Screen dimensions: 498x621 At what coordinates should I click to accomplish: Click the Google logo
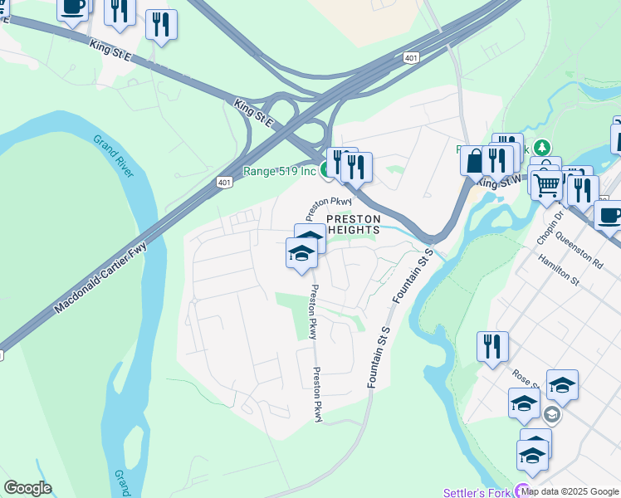(x=27, y=488)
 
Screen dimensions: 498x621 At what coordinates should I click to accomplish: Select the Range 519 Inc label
(x=279, y=171)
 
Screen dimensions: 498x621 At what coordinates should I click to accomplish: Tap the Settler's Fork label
(x=477, y=492)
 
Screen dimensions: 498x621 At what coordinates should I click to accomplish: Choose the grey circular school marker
(x=551, y=414)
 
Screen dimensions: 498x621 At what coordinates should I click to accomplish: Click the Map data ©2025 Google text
(x=570, y=491)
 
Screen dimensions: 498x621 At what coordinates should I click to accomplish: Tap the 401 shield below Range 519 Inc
(x=224, y=182)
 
